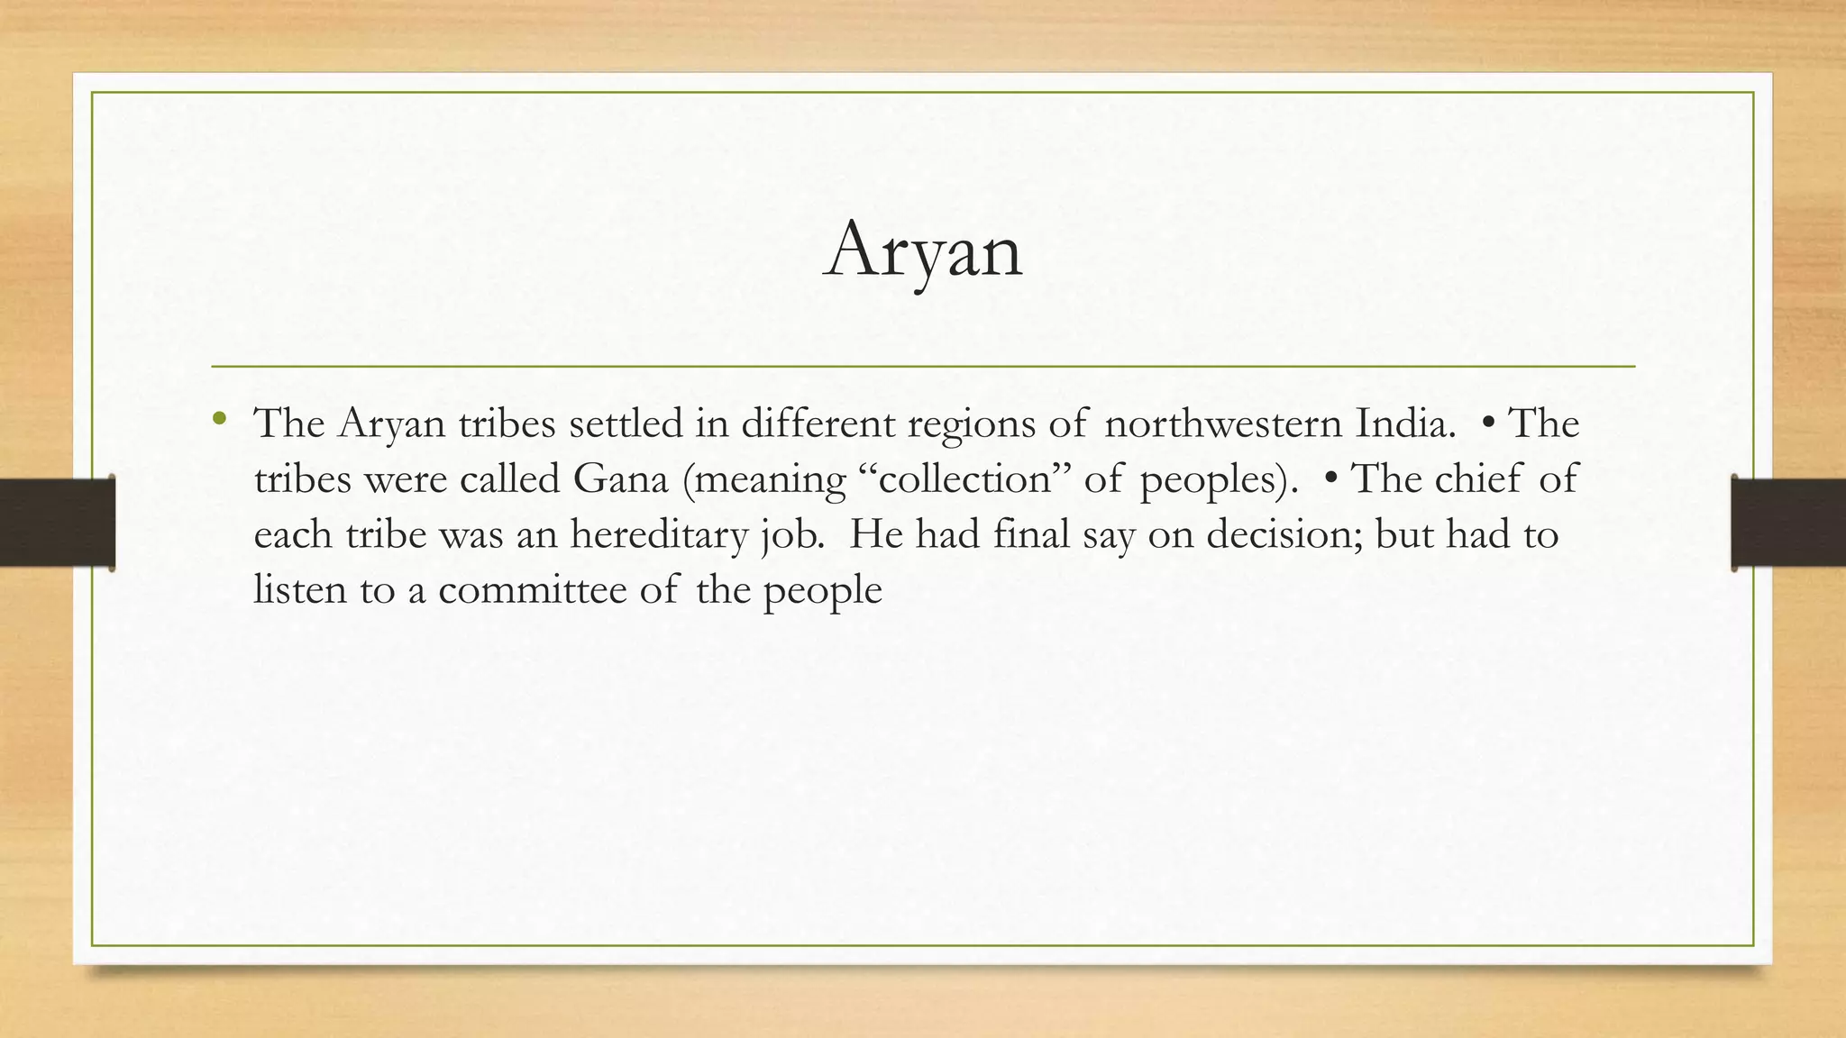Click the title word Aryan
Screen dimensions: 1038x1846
click(923, 250)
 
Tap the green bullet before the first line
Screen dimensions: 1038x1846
click(219, 418)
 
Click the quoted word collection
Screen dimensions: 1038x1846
click(964, 478)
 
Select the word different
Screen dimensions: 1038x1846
click(817, 423)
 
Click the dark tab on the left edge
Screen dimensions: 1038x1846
click(57, 523)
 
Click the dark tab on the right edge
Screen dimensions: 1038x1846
click(1788, 523)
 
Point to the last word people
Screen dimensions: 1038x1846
click(822, 592)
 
